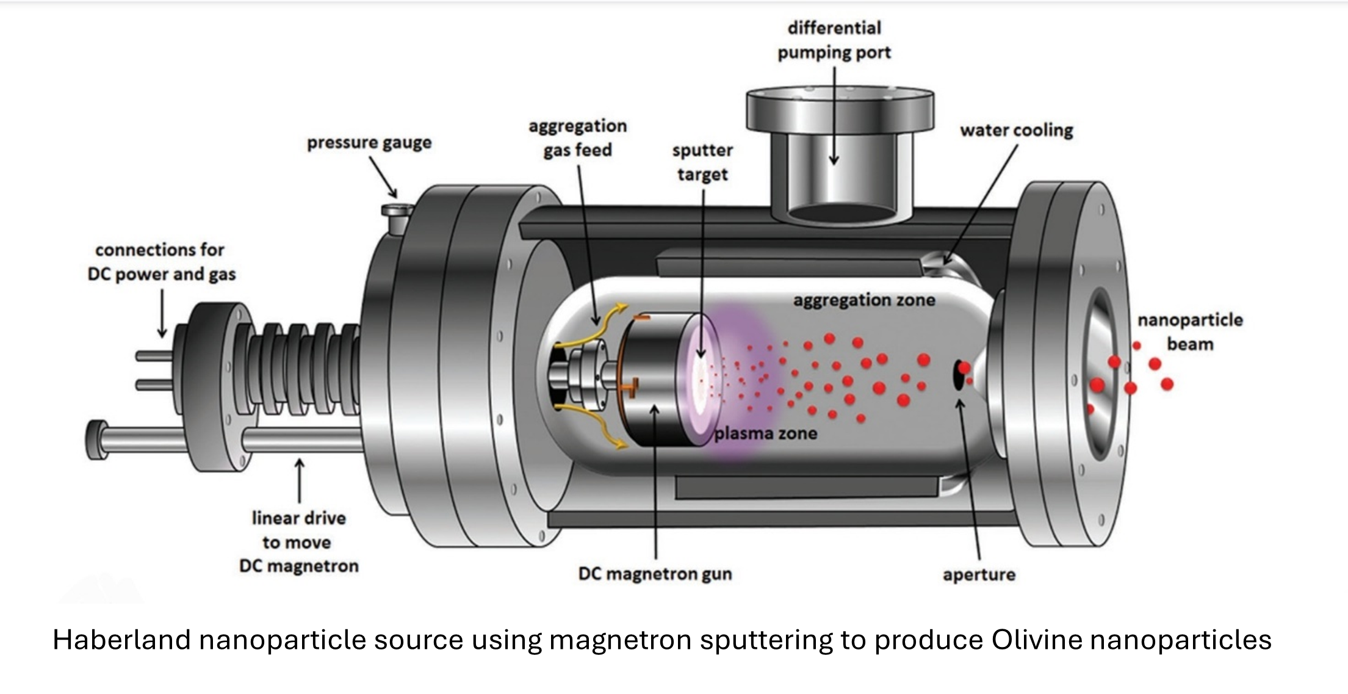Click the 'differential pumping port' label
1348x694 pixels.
click(834, 40)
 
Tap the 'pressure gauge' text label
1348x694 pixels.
click(369, 143)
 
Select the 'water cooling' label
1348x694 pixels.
click(1016, 131)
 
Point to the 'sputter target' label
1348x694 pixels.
click(702, 162)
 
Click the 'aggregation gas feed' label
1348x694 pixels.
click(577, 138)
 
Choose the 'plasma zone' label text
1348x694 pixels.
click(765, 434)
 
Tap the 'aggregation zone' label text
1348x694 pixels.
click(863, 300)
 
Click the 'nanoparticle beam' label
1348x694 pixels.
click(1189, 332)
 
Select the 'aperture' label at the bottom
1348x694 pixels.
click(979, 575)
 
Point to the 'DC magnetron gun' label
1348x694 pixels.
click(655, 574)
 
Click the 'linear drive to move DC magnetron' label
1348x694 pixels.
click(298, 542)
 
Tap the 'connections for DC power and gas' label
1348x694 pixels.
click(161, 262)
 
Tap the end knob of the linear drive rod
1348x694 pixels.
click(96, 439)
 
